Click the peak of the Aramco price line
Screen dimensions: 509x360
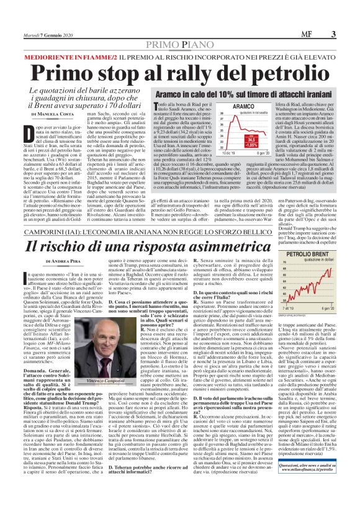tap(197, 117)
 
